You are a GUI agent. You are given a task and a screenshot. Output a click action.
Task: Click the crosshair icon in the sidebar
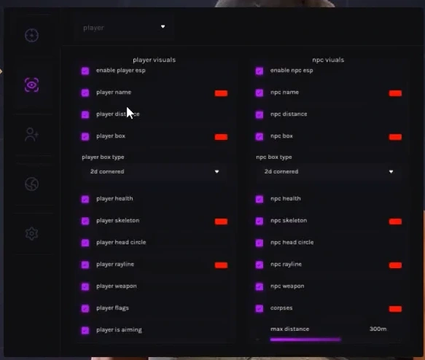point(32,35)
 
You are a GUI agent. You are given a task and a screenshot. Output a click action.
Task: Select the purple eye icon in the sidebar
point(32,85)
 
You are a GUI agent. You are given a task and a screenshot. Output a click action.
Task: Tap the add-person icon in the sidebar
point(32,135)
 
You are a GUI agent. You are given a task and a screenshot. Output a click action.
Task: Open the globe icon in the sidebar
point(32,184)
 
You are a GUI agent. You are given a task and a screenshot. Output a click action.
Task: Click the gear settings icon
point(32,233)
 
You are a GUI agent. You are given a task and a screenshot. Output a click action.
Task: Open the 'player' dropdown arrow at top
point(163,26)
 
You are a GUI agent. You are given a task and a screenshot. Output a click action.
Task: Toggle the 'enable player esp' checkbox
point(85,71)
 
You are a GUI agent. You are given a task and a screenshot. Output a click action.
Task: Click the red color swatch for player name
point(221,93)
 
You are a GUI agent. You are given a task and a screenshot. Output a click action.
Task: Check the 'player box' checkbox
point(85,136)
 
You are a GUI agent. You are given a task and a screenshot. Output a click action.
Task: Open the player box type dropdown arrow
point(217,171)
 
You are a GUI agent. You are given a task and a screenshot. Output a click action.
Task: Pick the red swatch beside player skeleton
point(221,222)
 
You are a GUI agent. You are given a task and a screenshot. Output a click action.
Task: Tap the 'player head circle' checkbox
point(85,243)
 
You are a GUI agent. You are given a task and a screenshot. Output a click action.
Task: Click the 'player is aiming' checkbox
point(85,330)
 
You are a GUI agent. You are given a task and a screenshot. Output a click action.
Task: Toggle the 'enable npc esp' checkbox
point(260,71)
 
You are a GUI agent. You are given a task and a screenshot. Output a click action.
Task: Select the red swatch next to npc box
point(395,137)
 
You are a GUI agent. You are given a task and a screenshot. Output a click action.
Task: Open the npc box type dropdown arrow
point(391,171)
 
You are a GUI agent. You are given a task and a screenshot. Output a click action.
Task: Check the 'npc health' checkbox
point(260,200)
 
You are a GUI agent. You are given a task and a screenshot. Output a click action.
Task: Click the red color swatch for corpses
point(395,309)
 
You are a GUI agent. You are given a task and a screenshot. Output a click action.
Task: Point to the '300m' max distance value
point(378,329)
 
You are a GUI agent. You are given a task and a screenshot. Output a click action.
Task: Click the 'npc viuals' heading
point(328,60)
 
